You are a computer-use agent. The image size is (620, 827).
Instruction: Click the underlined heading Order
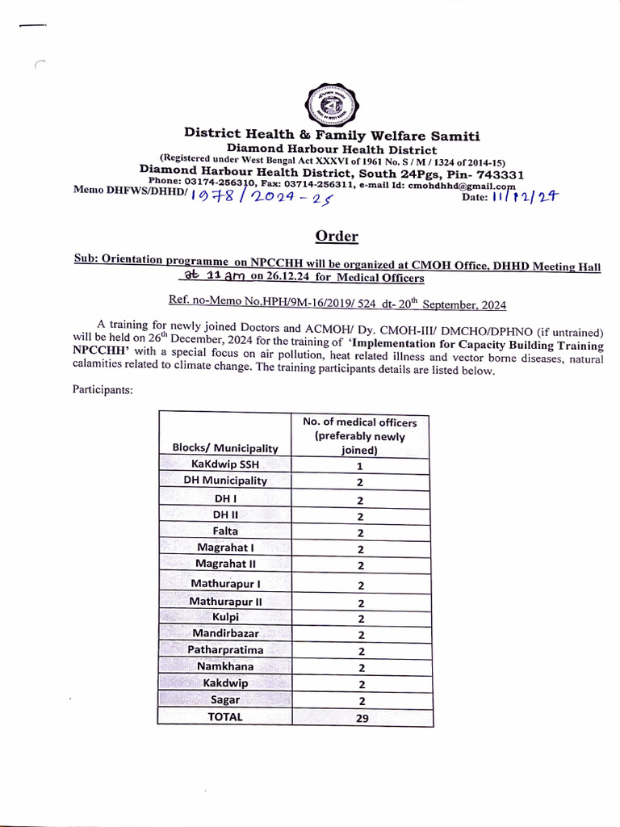(337, 237)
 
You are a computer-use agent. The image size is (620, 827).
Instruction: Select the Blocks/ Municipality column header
(225, 447)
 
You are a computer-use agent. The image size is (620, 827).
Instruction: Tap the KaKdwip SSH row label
(225, 464)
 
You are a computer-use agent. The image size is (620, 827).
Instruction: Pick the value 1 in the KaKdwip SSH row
(360, 466)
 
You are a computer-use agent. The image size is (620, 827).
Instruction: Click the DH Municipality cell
(225, 481)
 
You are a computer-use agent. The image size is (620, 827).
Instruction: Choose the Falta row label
(225, 531)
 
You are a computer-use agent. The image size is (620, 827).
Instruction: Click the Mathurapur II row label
(225, 601)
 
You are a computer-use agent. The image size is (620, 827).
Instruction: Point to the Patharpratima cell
(225, 649)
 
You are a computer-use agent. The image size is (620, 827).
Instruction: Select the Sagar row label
(225, 699)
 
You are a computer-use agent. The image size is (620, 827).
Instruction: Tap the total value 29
(361, 717)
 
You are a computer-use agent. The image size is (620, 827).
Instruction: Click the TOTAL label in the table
(225, 716)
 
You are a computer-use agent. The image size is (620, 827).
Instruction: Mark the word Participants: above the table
(103, 389)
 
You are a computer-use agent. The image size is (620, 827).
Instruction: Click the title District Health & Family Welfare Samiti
(331, 135)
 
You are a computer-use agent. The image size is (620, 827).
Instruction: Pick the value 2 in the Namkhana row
(361, 667)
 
